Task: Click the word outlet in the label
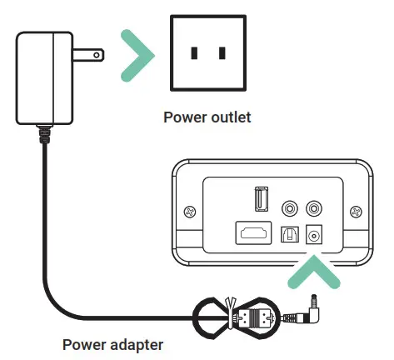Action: point(229,117)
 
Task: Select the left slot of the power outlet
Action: point(194,53)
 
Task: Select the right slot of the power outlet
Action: point(222,53)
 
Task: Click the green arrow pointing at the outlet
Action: point(137,55)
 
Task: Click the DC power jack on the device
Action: point(315,235)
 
